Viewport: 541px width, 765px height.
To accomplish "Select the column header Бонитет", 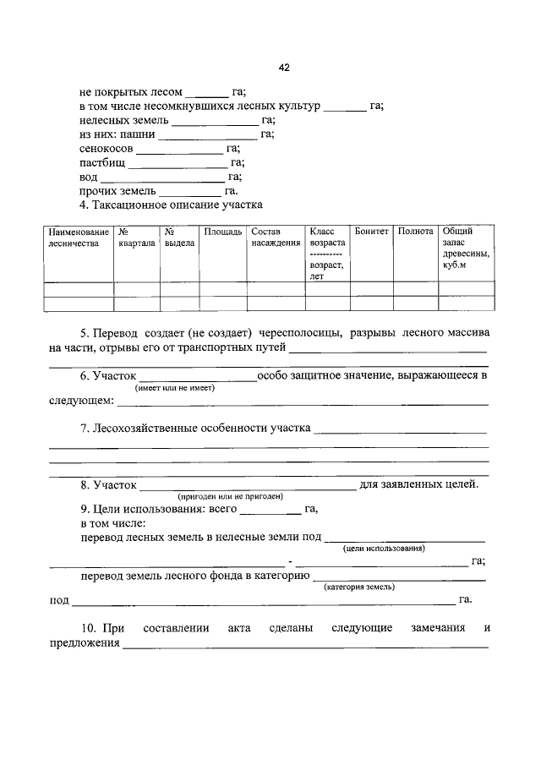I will (372, 231).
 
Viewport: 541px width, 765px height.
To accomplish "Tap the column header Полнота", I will (415, 231).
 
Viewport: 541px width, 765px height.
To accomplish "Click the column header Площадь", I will (223, 231).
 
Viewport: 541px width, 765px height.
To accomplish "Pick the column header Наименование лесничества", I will (79, 237).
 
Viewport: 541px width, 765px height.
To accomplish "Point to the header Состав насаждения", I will (276, 237).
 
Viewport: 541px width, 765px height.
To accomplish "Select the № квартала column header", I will (136, 237).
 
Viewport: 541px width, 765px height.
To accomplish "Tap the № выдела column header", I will (179, 237).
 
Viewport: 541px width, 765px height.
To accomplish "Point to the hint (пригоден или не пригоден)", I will (229, 496).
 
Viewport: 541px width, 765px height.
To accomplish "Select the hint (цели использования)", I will (384, 549).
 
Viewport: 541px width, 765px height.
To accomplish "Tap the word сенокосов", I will (107, 148).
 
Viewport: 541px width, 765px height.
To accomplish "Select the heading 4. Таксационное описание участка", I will (172, 205).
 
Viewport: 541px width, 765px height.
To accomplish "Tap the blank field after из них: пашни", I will (207, 134).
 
